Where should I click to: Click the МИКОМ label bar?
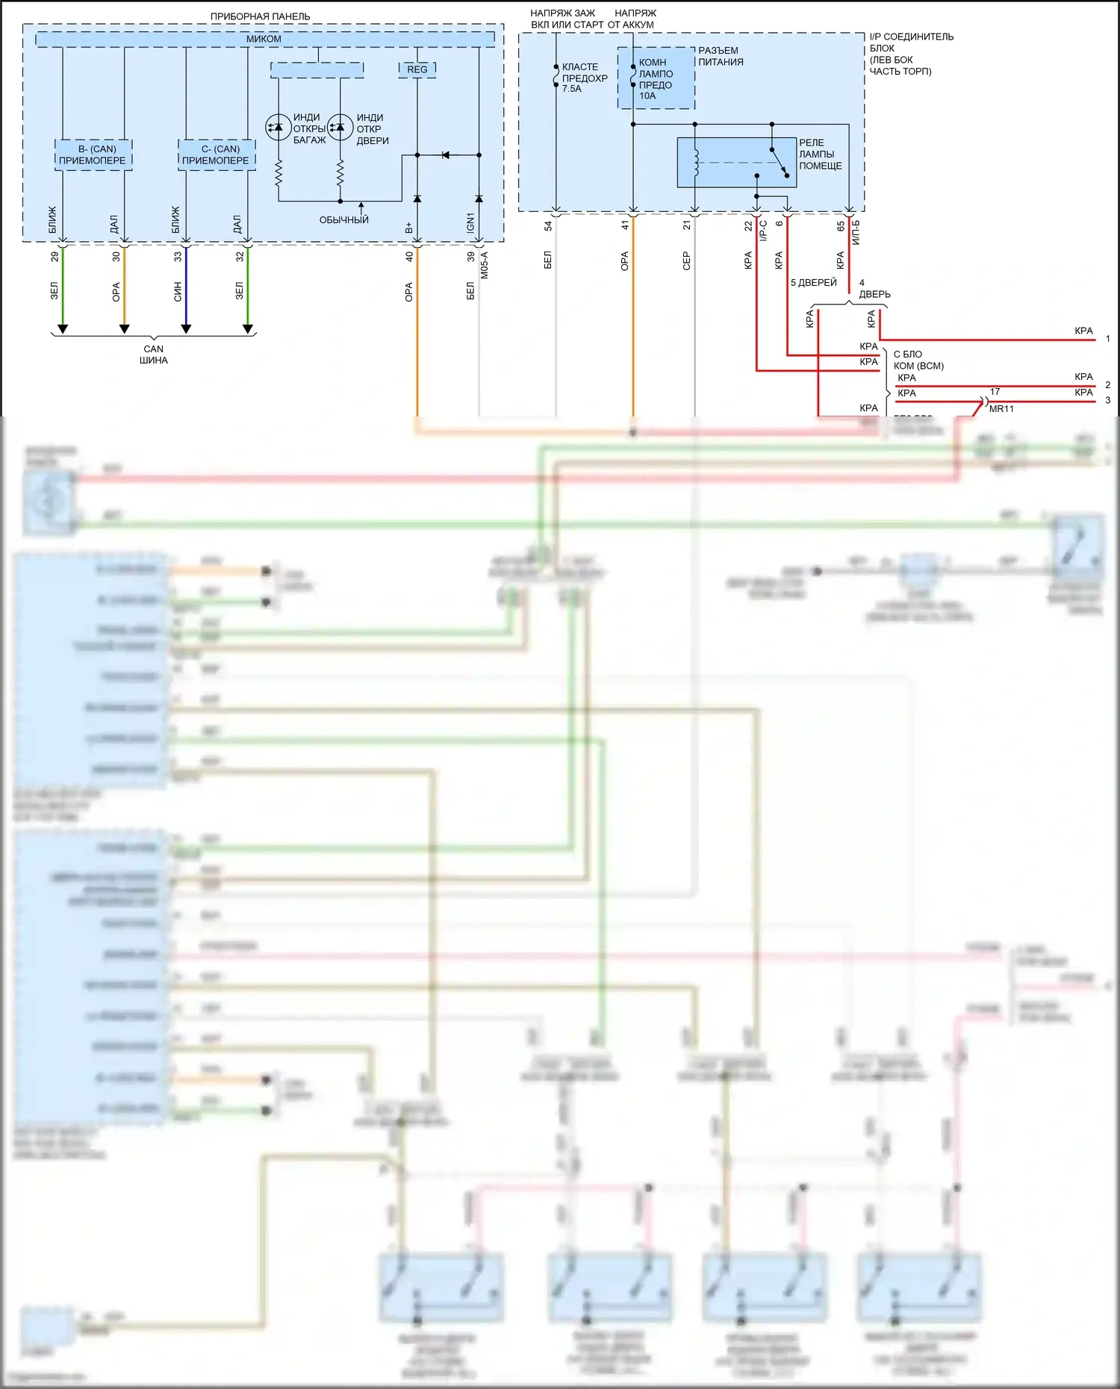264,39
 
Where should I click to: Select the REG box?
417,69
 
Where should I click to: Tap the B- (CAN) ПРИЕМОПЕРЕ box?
93,154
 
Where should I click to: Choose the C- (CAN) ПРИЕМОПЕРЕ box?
217,154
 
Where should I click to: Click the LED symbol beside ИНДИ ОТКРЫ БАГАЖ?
278,127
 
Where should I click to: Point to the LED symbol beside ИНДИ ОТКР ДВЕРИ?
340,127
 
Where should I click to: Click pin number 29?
55,256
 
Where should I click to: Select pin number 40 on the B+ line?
409,256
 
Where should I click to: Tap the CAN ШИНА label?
154,355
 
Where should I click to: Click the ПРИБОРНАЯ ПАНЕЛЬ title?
260,16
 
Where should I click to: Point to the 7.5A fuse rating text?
572,89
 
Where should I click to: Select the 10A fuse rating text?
647,96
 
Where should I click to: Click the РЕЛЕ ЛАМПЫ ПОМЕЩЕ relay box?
736,162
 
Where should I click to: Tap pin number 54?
548,225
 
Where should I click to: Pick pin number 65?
841,225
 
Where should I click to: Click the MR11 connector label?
1001,409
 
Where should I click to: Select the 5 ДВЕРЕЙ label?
814,283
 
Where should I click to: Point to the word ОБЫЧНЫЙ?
344,220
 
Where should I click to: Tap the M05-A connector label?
485,265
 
